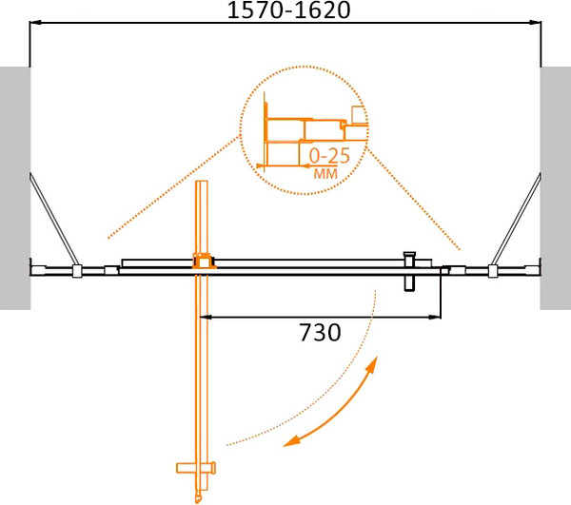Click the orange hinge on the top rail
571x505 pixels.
click(202, 260)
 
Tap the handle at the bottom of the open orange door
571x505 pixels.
click(198, 468)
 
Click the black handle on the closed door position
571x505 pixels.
click(410, 270)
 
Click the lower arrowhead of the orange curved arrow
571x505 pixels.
click(293, 440)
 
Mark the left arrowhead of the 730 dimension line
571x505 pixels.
click(205, 316)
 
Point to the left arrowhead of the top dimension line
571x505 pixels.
click(36, 24)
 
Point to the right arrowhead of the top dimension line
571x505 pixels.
click(535, 24)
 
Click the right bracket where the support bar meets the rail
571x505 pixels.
click(492, 272)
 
